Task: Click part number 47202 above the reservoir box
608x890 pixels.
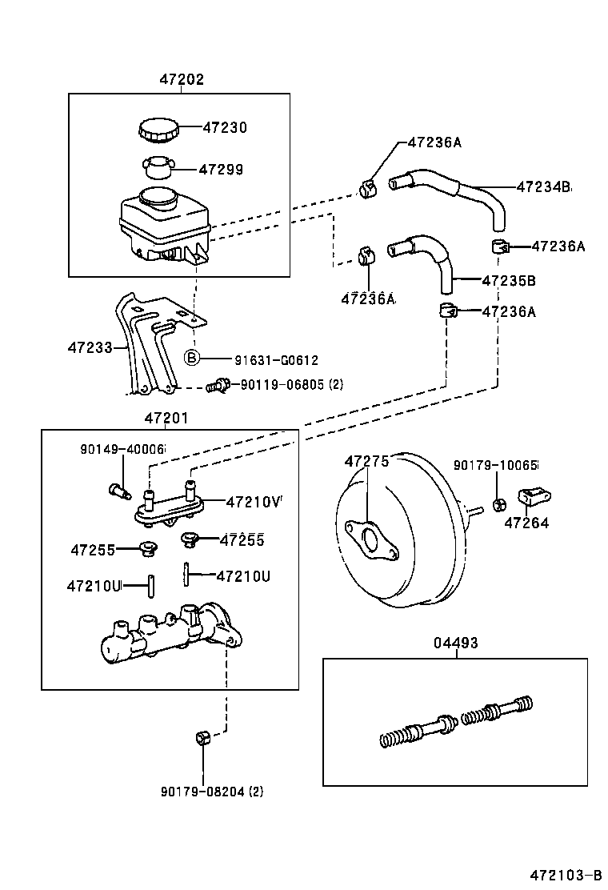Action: tap(181, 79)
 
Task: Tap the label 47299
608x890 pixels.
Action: tap(221, 170)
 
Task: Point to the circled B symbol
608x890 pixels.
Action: tap(192, 358)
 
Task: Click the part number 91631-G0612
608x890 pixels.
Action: tap(265, 360)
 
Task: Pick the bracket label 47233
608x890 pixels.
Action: tap(90, 348)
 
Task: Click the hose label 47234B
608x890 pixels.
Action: tap(543, 186)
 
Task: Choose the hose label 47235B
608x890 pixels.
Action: tap(508, 281)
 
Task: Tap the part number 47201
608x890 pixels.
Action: tap(167, 418)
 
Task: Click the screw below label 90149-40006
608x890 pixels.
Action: tap(118, 489)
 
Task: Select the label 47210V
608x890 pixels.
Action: tap(254, 503)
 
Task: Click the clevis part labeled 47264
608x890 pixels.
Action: tap(532, 499)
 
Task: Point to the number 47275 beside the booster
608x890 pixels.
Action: tap(366, 462)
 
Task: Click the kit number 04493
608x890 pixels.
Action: tap(456, 643)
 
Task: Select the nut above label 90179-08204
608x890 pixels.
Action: tap(202, 737)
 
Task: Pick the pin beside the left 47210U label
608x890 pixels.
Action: tap(150, 586)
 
